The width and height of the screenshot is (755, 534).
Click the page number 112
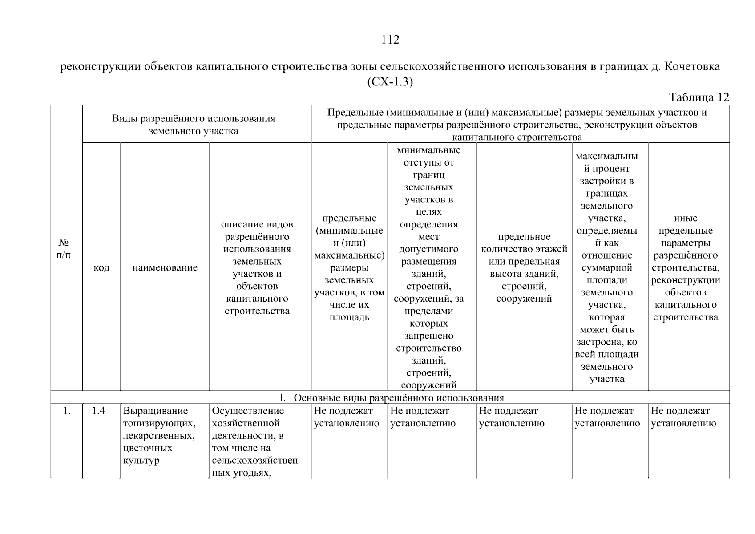pos(390,40)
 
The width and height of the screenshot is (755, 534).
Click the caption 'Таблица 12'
pos(699,97)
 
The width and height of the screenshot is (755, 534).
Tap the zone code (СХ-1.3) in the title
pos(390,82)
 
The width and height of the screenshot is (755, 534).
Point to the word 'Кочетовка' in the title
pos(692,67)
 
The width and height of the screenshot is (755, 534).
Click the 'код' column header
pos(101,267)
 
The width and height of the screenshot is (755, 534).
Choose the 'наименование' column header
pos(165,267)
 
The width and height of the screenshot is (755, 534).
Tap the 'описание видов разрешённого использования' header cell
pos(257,267)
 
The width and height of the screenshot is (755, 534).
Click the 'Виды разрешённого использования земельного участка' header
pos(193,125)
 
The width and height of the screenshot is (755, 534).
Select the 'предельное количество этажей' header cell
pos(524,267)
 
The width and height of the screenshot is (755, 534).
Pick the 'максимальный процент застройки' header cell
pos(607,267)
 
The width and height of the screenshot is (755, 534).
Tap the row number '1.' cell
pos(67,411)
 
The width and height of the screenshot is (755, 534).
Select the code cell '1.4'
pos(98,411)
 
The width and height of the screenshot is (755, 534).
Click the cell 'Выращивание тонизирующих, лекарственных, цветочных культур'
pos(159,436)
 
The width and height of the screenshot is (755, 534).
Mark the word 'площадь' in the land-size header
pos(349,318)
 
